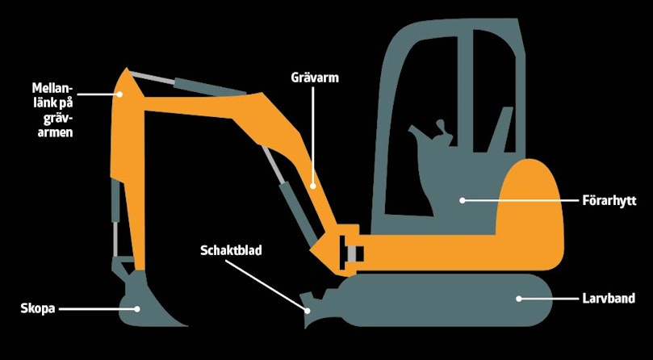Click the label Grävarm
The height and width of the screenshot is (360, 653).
(x=315, y=78)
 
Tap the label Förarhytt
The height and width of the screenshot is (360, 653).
(x=609, y=201)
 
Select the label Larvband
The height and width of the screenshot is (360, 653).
(x=608, y=299)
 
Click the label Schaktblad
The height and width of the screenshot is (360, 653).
(x=231, y=250)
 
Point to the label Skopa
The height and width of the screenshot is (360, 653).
(x=38, y=309)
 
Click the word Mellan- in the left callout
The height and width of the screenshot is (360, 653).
(x=52, y=88)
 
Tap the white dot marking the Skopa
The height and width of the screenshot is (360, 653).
(x=136, y=309)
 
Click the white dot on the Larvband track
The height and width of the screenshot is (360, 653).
(x=518, y=299)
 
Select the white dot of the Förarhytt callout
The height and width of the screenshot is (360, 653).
(x=462, y=200)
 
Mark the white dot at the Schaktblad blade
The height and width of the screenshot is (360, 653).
(x=308, y=310)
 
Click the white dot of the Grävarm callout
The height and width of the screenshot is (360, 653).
(x=314, y=186)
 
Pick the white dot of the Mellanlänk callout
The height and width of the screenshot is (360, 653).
(x=119, y=94)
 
